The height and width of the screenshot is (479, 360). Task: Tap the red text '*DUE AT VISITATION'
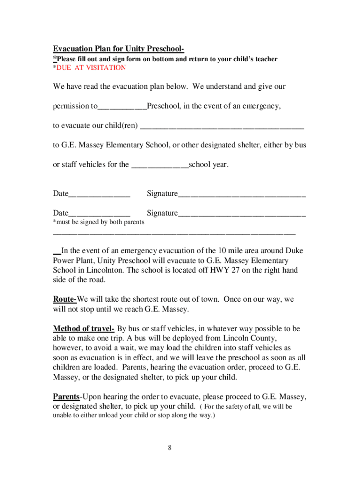click(89, 68)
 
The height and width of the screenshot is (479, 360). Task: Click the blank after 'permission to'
click(122, 107)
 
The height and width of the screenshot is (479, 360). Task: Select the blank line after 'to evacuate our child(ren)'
click(222, 126)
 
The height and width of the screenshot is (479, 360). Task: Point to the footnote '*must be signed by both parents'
click(99, 222)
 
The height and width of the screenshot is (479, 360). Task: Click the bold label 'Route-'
click(65, 299)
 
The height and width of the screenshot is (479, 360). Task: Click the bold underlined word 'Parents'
click(66, 397)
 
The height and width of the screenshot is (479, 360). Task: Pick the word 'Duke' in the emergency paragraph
click(294, 251)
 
